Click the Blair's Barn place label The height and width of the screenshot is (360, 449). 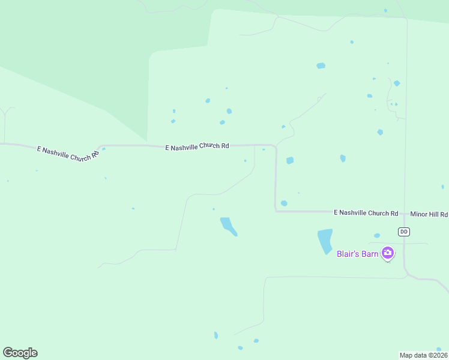pos(357,254)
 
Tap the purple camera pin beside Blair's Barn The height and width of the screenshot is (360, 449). pos(388,253)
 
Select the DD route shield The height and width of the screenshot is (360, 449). pos(404,232)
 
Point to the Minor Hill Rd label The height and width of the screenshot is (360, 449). pos(429,214)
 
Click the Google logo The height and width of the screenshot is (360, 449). pos(20,353)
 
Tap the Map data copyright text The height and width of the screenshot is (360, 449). pos(423,355)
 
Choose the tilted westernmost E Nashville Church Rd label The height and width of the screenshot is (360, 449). pos(67,153)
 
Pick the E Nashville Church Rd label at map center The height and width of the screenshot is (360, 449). pos(197,146)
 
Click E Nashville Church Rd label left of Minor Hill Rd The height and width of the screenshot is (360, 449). pos(366,213)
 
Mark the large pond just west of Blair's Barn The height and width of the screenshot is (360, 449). pos(325,241)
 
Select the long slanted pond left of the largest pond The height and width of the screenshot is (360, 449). pos(228,226)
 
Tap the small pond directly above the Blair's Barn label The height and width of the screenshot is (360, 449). pos(377,236)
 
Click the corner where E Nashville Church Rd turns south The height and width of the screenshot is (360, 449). pos(275,146)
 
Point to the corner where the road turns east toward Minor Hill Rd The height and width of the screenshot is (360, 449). pos(276,211)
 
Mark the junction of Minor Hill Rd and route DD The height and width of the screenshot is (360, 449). pos(405,214)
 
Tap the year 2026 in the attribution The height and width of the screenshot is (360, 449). pos(438,355)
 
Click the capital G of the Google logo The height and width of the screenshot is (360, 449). pos(8,353)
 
